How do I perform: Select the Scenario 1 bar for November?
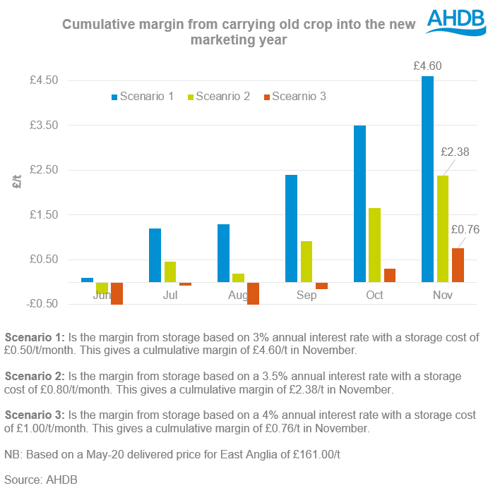[x=427, y=179]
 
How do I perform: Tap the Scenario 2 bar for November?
[x=443, y=229]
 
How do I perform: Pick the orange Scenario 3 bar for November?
[x=458, y=265]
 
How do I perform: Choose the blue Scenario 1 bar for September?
[x=291, y=228]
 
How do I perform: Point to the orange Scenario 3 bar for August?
[x=253, y=293]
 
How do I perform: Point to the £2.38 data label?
[x=455, y=152]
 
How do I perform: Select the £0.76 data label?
[x=465, y=229]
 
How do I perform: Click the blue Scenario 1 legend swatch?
[x=114, y=97]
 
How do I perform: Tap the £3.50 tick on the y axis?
[x=43, y=126]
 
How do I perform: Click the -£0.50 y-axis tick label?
[x=43, y=304]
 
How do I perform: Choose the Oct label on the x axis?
[x=374, y=295]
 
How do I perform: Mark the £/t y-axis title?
[x=18, y=182]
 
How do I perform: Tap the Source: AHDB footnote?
[x=40, y=480]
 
